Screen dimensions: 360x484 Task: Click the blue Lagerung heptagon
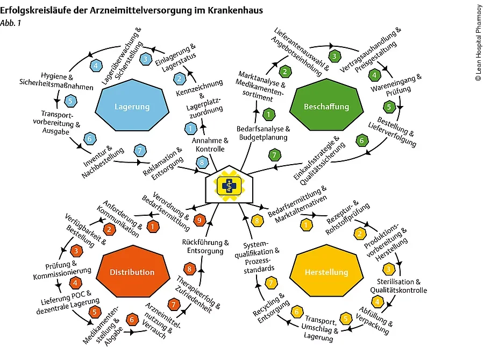tap(132, 107)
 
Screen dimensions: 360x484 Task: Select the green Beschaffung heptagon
tap(326, 107)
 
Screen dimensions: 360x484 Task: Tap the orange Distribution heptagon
tap(132, 272)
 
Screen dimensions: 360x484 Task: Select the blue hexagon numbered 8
tap(202, 163)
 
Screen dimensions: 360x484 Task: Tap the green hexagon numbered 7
tap(275, 156)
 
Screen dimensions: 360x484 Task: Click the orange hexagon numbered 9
tap(200, 220)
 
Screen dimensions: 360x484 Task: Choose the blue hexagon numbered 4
tap(97, 66)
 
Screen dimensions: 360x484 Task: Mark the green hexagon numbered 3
tap(334, 55)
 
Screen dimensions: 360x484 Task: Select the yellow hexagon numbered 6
tap(296, 313)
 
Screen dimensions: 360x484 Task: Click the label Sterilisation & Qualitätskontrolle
tap(398, 286)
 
